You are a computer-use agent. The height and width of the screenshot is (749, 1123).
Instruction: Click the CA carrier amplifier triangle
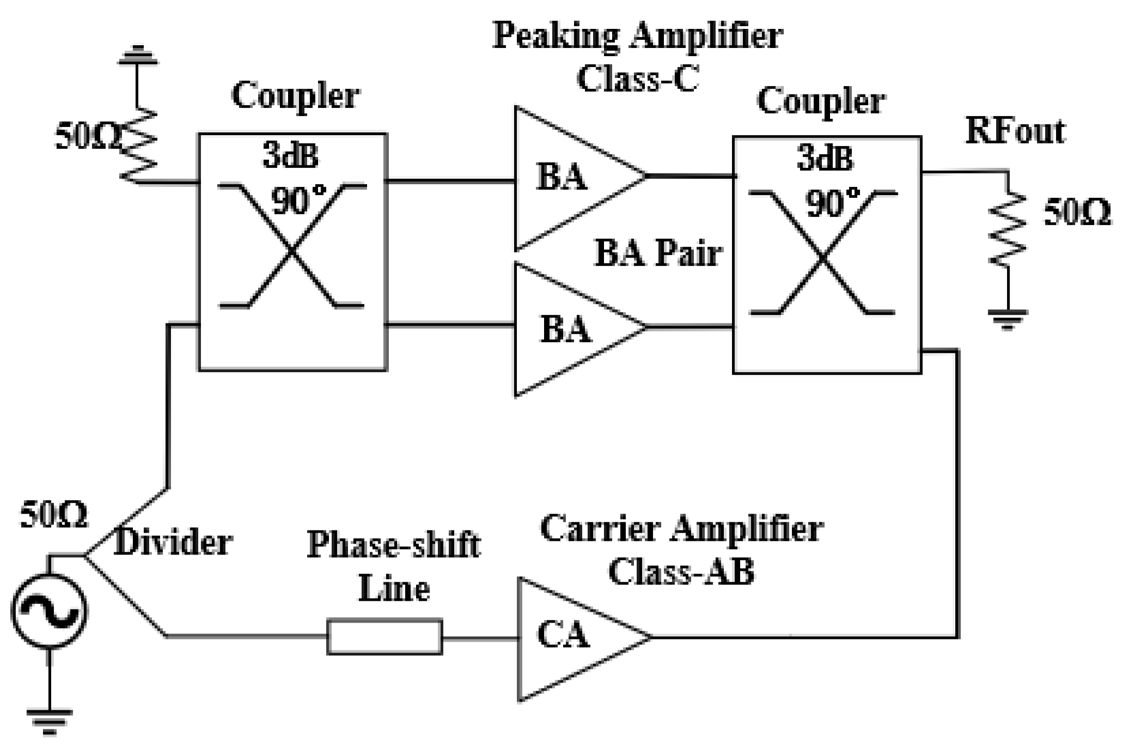click(566, 637)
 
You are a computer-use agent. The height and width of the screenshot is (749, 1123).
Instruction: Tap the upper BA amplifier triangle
click(566, 177)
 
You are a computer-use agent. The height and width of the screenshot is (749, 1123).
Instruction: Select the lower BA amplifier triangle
click(566, 329)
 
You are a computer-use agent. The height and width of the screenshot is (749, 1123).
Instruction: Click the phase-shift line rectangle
click(384, 636)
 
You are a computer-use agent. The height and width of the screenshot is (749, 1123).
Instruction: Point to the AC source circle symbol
click(49, 612)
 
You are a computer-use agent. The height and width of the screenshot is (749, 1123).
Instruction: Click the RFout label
click(1015, 132)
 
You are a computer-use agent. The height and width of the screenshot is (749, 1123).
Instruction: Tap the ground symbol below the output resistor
click(1008, 319)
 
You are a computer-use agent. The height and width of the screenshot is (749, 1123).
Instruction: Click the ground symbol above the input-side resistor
click(137, 57)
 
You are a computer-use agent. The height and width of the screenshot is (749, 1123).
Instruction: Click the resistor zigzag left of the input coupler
click(137, 144)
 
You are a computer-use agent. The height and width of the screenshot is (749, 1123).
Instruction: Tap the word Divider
click(173, 543)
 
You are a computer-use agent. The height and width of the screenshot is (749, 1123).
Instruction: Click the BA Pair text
click(658, 254)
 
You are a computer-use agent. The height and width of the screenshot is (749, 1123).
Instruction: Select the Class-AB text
click(681, 572)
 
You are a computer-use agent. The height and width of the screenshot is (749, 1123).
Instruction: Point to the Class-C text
click(637, 79)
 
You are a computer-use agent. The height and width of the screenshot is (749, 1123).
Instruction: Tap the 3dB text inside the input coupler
click(290, 157)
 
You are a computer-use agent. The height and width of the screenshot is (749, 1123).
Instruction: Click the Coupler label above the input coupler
click(295, 96)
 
